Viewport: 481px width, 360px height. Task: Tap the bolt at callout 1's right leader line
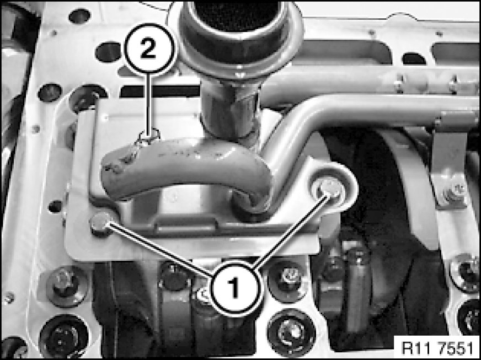point(328,189)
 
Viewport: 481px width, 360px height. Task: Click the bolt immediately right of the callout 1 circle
point(287,278)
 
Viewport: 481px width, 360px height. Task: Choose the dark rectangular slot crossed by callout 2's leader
point(160,92)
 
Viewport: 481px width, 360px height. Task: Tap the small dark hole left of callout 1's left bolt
point(55,206)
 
